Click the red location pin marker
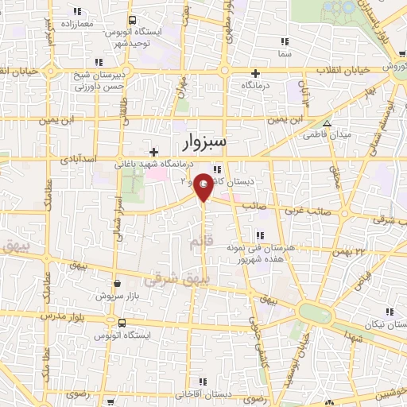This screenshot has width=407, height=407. pyautogui.click(x=204, y=186)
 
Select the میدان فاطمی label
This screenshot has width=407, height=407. pyautogui.click(x=325, y=134)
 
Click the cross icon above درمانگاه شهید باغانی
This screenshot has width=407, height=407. pyautogui.click(x=154, y=151)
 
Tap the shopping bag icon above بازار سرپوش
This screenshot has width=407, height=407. pyautogui.click(x=118, y=283)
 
